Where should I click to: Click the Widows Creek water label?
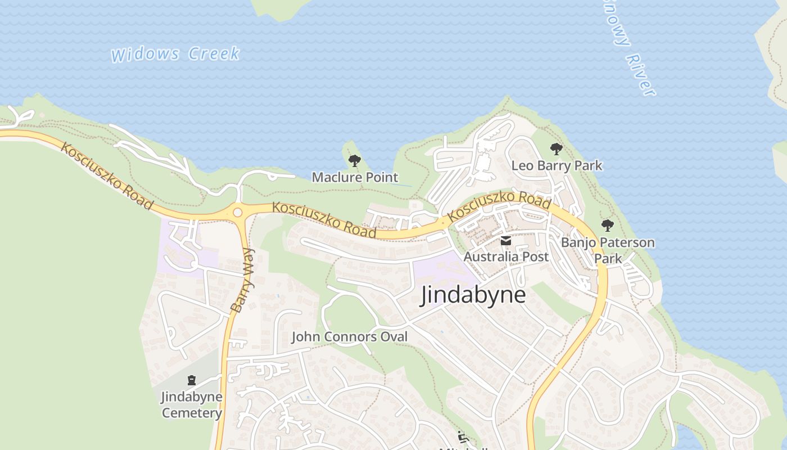175,55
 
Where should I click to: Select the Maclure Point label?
355,177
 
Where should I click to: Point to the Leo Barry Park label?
557,165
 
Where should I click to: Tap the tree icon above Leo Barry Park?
556,149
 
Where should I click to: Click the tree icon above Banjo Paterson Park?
607,226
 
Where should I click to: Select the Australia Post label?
506,256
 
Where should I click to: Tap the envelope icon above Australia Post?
506,241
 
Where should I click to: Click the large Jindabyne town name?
473,295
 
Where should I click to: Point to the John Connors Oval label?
349,337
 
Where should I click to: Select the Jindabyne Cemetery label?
192,404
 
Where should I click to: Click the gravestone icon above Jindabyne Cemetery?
192,380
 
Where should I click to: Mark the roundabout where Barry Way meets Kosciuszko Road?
237,212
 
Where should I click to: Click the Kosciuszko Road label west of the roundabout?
106,175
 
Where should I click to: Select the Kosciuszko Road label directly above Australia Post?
499,205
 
